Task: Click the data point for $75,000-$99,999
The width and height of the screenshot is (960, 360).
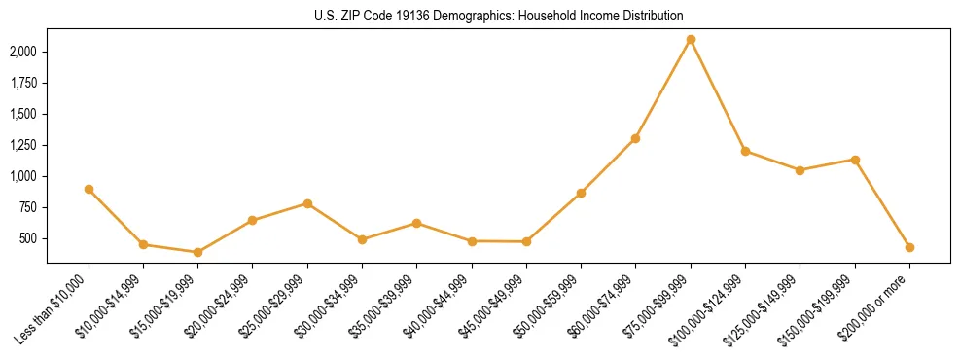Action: pos(691,39)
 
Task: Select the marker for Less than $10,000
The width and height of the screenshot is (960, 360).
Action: pos(89,189)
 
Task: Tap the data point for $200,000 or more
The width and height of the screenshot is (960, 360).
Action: pos(909,247)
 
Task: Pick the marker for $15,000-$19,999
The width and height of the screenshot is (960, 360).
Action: pos(197,252)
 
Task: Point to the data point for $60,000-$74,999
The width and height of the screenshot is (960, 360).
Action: pos(635,138)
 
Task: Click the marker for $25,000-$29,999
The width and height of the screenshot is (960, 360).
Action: pos(307,203)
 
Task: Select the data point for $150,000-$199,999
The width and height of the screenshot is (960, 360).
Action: pos(855,160)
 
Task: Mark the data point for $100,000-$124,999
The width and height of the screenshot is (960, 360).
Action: pos(745,151)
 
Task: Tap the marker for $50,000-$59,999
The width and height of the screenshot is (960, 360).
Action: pos(581,193)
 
